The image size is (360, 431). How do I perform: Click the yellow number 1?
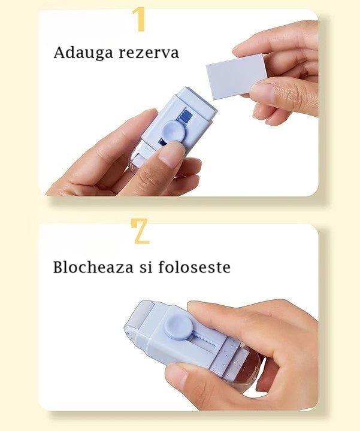tap(140, 19)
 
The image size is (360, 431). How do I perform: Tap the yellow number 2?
tap(141, 232)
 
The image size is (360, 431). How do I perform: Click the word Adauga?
tap(83, 53)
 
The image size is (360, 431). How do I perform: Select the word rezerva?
tap(149, 53)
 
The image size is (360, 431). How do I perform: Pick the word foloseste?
tap(194, 266)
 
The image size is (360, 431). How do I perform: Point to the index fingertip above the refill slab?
tap(242, 49)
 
